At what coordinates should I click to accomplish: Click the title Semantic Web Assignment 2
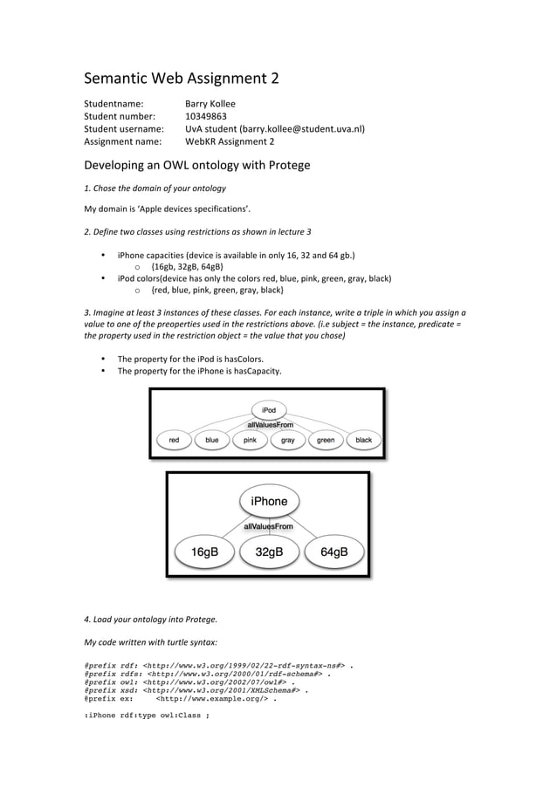pyautogui.click(x=181, y=79)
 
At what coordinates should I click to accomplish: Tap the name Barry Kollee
pyautogui.click(x=210, y=102)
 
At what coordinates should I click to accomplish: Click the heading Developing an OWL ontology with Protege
pyautogui.click(x=196, y=165)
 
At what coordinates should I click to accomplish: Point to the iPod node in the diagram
pyautogui.click(x=269, y=409)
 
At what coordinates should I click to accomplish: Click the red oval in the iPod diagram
pyautogui.click(x=175, y=441)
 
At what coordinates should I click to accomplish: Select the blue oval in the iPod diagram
pyautogui.click(x=212, y=441)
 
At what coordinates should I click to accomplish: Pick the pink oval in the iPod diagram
pyautogui.click(x=250, y=441)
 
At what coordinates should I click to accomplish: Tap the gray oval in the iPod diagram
pyautogui.click(x=287, y=441)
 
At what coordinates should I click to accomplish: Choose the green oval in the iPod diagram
pyautogui.click(x=326, y=441)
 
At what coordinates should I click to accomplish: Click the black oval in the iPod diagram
pyautogui.click(x=363, y=441)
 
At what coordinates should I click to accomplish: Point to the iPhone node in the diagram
pyautogui.click(x=269, y=502)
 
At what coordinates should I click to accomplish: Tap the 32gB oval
pyautogui.click(x=269, y=552)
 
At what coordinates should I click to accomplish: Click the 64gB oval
pyautogui.click(x=334, y=552)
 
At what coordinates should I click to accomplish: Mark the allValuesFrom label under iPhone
pyautogui.click(x=268, y=527)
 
